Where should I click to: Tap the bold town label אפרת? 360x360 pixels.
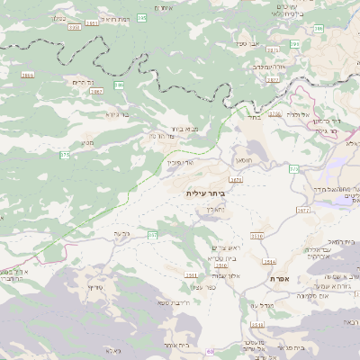tap(278, 279)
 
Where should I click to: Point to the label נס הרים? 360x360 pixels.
tap(83, 82)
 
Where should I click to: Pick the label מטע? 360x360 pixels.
tap(87, 141)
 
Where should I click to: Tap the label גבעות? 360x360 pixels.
tap(122, 234)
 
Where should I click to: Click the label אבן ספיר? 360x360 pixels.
tap(247, 42)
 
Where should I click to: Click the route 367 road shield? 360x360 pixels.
tap(152, 235)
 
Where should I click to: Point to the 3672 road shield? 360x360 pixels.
tap(302, 210)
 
